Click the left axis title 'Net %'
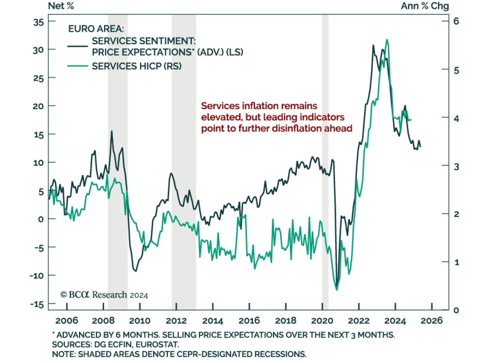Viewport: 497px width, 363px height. (x=61, y=6)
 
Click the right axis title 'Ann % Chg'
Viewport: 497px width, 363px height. (x=425, y=6)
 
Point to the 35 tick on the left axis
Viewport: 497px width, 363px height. (x=39, y=22)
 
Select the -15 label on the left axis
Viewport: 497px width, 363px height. (x=37, y=304)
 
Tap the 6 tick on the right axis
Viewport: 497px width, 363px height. (x=456, y=21)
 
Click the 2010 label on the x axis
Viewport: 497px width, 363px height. (x=140, y=321)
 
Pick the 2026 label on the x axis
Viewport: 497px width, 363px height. (x=431, y=321)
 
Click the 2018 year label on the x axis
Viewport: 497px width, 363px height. (x=286, y=321)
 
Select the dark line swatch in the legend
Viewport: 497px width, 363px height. (x=78, y=46)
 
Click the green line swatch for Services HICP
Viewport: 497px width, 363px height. (x=78, y=66)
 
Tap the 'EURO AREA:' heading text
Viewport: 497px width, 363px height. (x=96, y=29)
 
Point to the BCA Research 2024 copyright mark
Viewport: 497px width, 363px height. (x=104, y=295)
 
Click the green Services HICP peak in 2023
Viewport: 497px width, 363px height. (x=387, y=40)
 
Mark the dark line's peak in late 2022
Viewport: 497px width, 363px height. (x=373, y=45)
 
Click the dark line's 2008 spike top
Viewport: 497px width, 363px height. (x=112, y=131)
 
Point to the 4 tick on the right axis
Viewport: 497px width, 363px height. (x=456, y=118)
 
